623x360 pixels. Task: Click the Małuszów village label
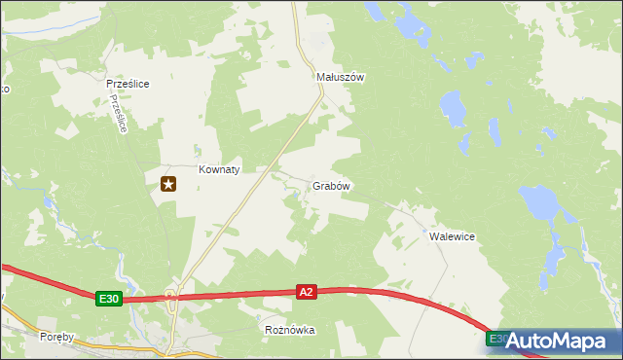340,77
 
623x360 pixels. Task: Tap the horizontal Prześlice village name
127,84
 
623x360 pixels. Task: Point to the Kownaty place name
219,168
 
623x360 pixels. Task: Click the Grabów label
331,185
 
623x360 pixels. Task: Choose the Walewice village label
452,236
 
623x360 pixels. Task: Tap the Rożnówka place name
290,330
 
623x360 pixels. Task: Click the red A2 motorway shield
307,291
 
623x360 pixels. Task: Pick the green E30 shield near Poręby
109,300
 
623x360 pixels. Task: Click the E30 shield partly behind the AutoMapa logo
495,338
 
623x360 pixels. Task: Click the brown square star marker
168,183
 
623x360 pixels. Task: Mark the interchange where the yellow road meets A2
171,296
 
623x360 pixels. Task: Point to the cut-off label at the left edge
4,90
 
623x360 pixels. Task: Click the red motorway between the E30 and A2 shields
209,294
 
